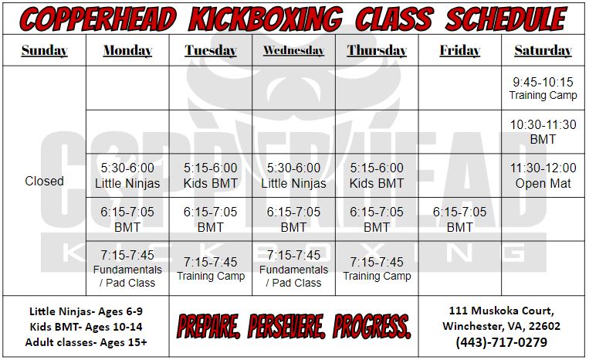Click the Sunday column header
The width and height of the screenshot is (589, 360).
(44, 50)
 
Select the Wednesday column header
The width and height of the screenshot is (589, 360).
(294, 50)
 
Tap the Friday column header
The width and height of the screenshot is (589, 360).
(460, 50)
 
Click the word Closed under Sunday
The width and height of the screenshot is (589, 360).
(44, 181)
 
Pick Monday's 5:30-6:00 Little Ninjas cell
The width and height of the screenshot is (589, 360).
(127, 175)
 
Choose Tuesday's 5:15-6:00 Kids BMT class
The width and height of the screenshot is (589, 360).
(210, 175)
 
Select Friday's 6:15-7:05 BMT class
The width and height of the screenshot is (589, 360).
(460, 219)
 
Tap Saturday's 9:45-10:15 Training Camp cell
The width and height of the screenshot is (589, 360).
(543, 88)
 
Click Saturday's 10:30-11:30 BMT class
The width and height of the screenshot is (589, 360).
(543, 132)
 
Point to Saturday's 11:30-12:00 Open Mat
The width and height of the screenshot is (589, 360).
(543, 175)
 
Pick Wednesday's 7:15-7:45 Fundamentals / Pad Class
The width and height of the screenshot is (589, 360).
(294, 269)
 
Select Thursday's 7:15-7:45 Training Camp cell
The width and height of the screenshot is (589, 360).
(377, 269)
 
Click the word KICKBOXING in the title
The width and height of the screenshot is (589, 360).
(266, 19)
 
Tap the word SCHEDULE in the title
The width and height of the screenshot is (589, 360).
(506, 19)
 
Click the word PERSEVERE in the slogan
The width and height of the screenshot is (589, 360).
(286, 326)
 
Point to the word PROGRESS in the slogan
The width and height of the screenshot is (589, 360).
(372, 326)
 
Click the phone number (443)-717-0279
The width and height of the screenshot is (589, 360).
(502, 342)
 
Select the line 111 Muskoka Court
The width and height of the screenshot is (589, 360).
(502, 311)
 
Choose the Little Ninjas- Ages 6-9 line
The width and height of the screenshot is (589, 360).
(86, 311)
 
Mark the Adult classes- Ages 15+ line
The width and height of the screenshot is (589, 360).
(86, 342)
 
